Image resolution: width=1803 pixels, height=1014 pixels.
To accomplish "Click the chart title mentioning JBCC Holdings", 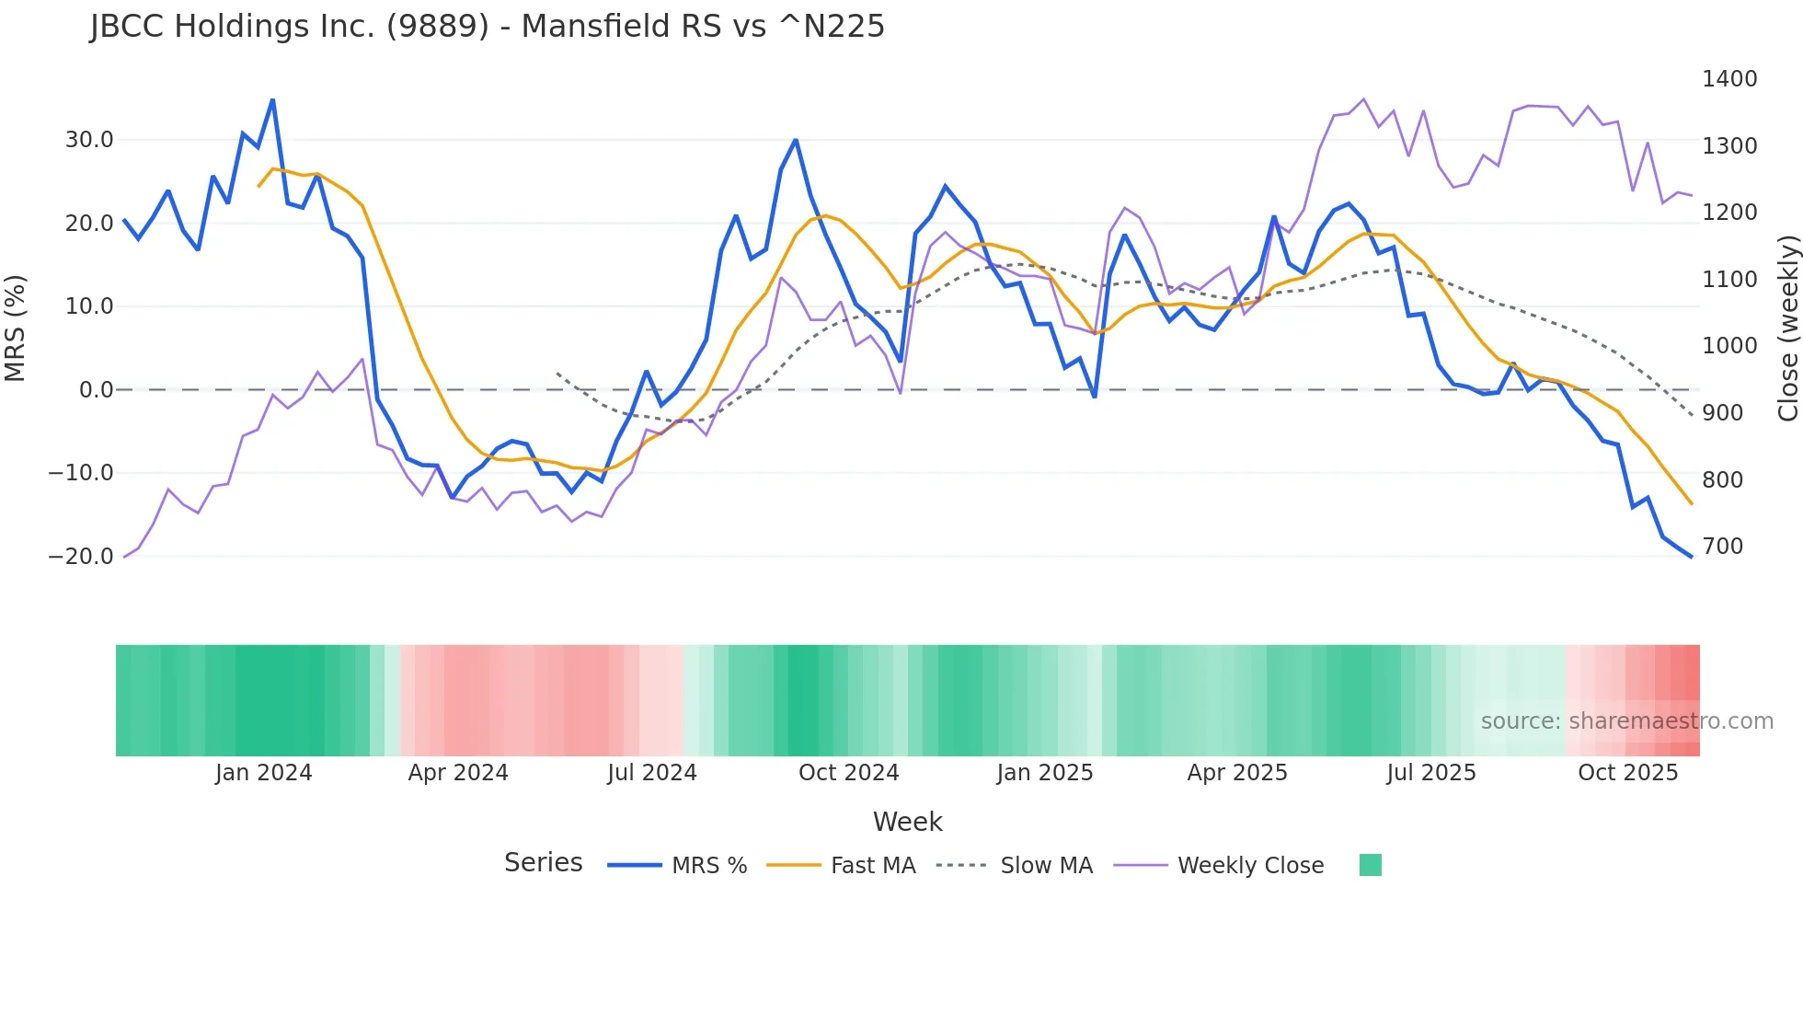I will coord(488,26).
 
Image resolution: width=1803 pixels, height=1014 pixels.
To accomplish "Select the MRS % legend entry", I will coord(708,866).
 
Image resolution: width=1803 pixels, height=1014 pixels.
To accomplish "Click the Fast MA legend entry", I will coord(872,866).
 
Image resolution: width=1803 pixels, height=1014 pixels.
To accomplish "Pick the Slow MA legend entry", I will coord(1046,866).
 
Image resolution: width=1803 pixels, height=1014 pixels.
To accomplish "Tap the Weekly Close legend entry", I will coord(1250,866).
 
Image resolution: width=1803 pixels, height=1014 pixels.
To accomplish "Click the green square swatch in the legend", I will coord(1370,865).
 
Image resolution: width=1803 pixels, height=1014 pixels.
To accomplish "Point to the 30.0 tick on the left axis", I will coord(89,140).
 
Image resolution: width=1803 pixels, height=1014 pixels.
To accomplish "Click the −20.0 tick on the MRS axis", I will coord(81,557).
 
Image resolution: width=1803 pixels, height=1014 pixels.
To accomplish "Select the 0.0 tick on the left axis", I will coord(97,390).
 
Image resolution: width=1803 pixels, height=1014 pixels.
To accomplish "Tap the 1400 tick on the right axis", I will coord(1729,79).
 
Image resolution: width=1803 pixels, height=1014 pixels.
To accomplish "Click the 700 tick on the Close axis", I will coord(1723,547).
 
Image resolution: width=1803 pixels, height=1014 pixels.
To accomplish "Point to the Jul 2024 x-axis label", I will coord(651,773).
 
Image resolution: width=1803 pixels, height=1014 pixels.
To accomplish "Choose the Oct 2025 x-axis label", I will coord(1627,773).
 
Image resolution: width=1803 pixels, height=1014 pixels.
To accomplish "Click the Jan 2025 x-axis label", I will coord(1044,773).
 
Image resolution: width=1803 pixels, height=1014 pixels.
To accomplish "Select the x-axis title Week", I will coord(907,822).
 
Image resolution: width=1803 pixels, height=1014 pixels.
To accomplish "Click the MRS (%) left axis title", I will coord(16,328).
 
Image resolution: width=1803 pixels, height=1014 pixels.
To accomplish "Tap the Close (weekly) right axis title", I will coord(1787,328).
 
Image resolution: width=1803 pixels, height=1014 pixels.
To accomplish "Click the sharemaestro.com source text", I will coord(1626,721).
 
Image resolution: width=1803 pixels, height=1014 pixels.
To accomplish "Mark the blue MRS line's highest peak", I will coord(272,100).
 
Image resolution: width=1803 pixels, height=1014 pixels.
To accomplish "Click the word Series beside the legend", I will coord(543,863).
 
